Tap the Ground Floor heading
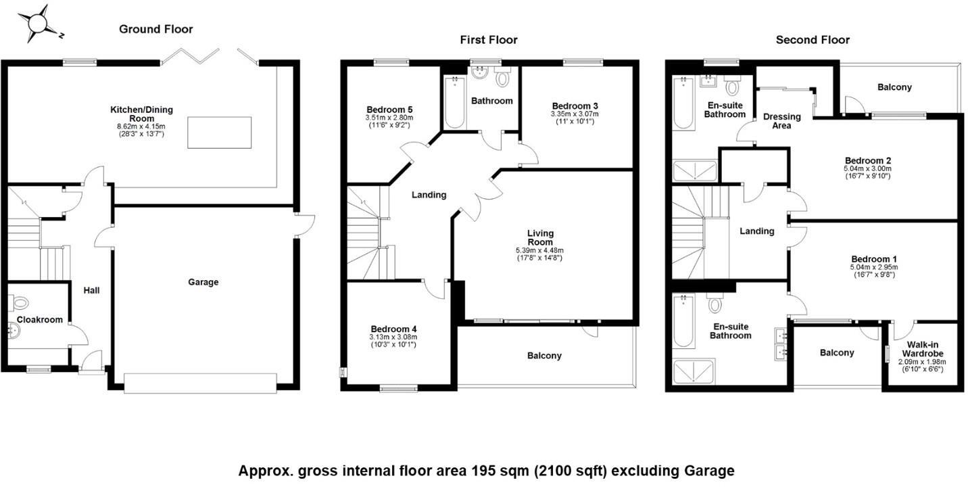pos(155,29)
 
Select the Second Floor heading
pos(813,40)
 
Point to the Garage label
pos(203,282)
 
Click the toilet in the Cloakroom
pos(21,302)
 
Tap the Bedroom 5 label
pos(389,110)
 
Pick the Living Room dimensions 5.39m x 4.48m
pos(539,250)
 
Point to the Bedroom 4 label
pos(393,329)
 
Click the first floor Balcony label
pos(544,356)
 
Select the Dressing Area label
pos(781,120)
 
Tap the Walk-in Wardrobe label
pos(925,349)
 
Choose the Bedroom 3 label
pos(575,106)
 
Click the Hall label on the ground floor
pos(91,290)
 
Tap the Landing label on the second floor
pos(756,231)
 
